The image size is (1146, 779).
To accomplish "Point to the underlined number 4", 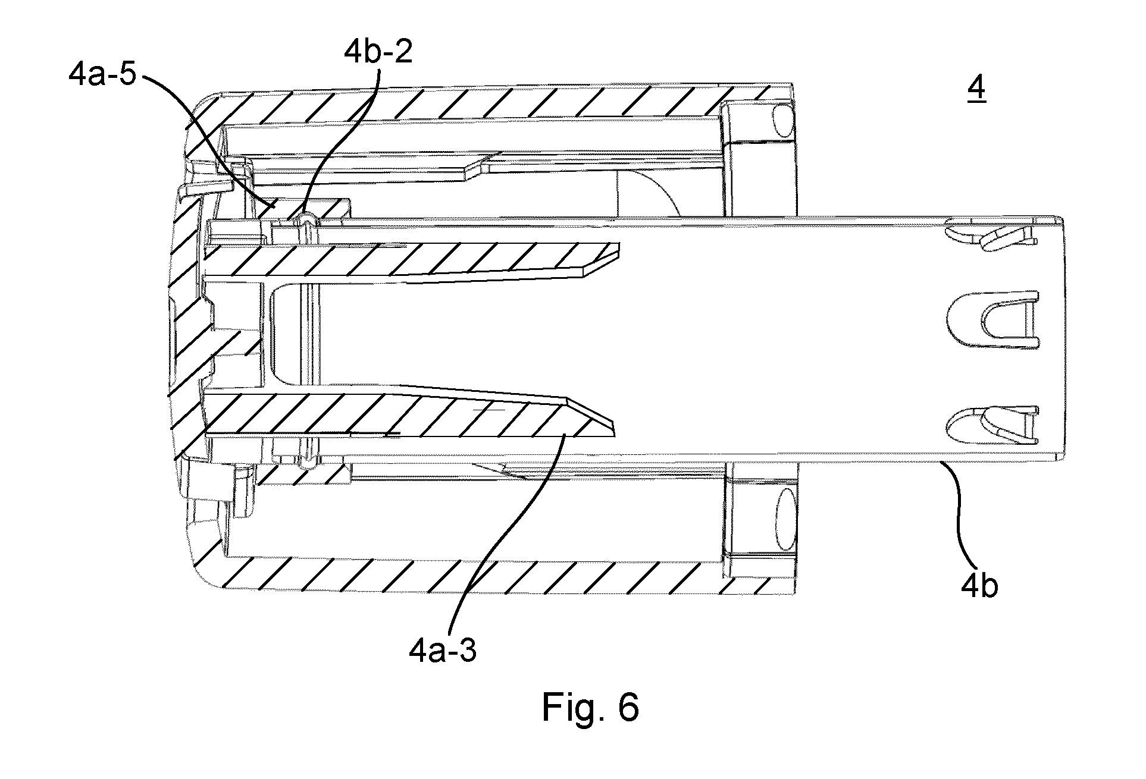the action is coord(976,90).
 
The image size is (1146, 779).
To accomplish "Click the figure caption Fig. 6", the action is coord(590,708).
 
